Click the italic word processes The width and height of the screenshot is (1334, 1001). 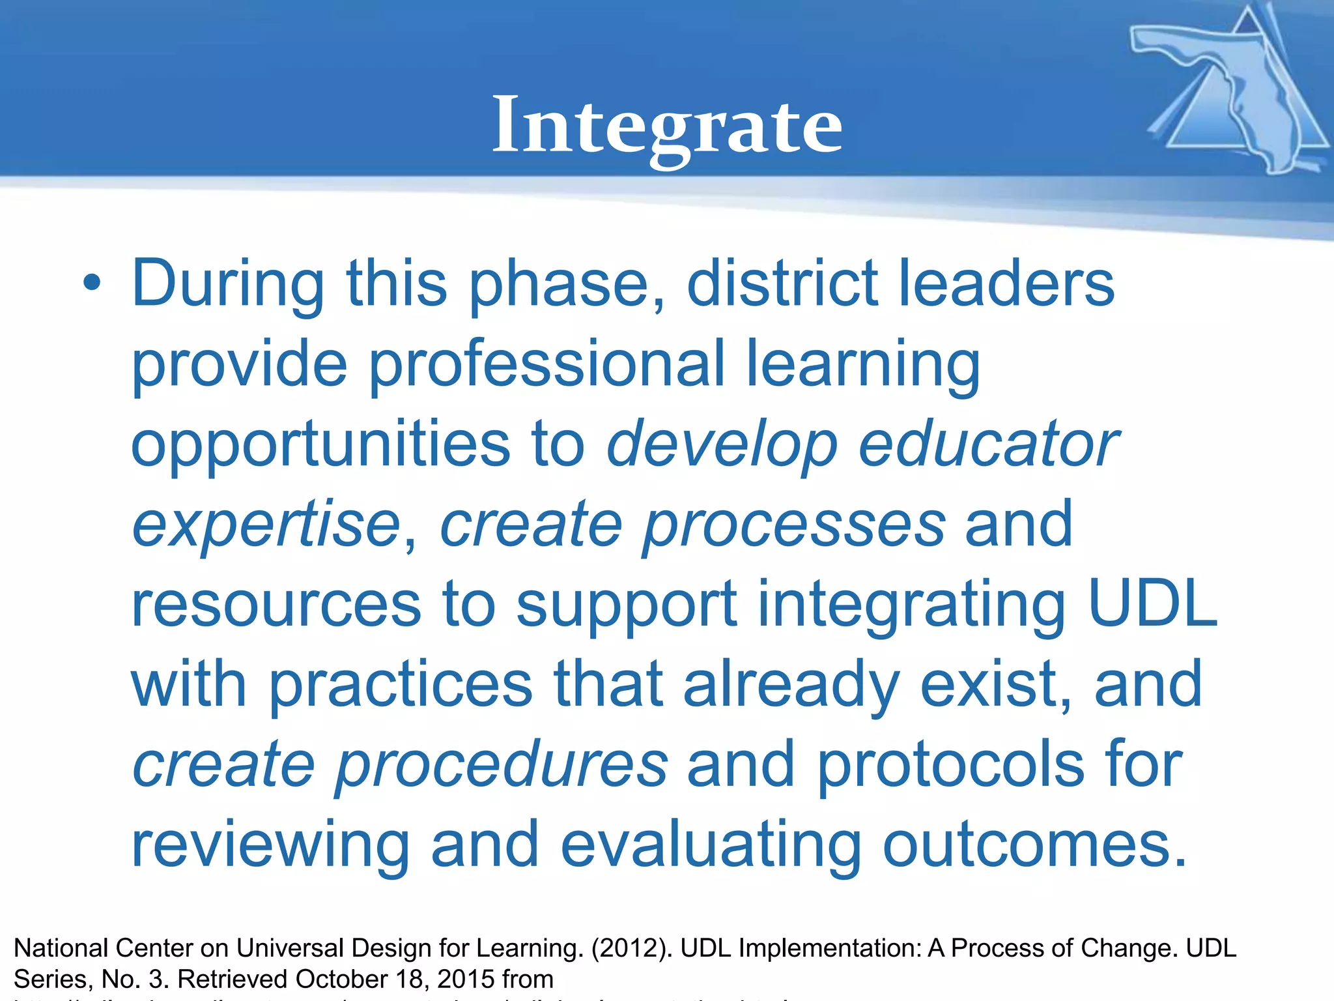point(793,525)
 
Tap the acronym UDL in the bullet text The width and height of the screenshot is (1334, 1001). point(1152,604)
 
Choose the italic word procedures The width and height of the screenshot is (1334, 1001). point(500,766)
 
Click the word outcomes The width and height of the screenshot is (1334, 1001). point(1034,845)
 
